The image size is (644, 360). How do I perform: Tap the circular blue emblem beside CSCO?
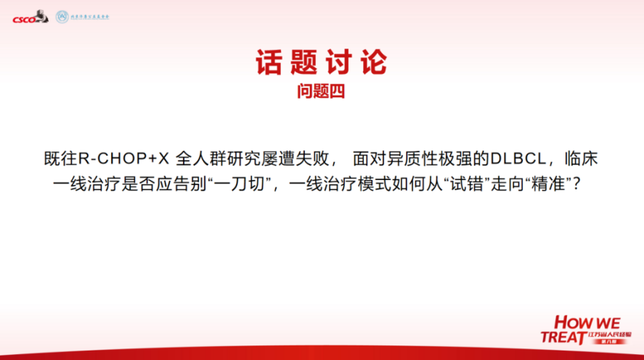pos(62,16)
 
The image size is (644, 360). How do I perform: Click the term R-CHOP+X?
pos(123,158)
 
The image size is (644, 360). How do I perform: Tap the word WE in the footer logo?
pos(608,322)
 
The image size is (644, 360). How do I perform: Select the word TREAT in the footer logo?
pos(563,337)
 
